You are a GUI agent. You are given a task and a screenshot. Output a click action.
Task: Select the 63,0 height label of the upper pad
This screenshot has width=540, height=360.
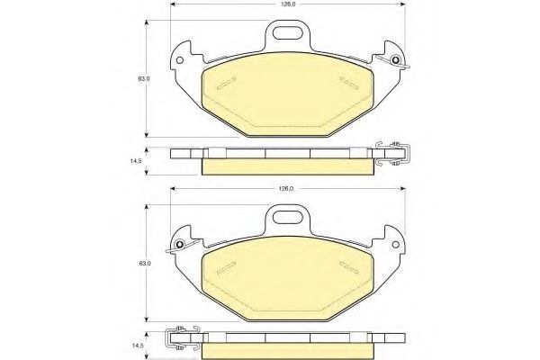tap(144, 78)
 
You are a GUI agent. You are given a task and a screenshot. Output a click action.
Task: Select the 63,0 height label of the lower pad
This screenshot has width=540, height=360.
tap(144, 264)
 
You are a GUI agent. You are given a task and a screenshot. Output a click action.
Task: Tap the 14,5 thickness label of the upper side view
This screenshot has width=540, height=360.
tap(136, 161)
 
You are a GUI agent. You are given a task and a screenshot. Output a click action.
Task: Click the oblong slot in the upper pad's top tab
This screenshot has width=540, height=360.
tap(287, 33)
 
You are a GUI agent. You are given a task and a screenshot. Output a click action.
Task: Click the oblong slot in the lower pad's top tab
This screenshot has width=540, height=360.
tap(287, 218)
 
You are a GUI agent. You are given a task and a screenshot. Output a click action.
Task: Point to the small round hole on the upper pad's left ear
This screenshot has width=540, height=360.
tap(179, 60)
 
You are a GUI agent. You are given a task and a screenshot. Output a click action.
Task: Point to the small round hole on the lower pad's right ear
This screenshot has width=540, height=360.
tap(395, 245)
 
